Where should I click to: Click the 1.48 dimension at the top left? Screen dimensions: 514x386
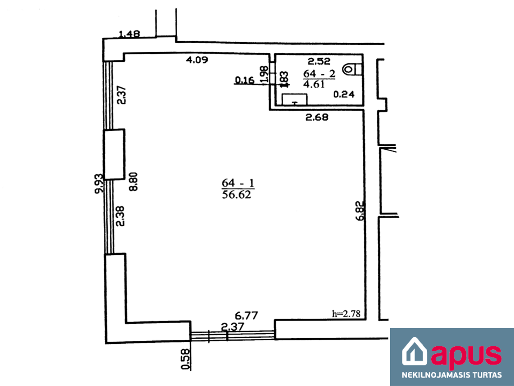tap(129, 34)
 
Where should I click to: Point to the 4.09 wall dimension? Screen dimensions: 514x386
tap(197, 60)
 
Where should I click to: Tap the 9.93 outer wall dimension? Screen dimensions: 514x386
tap(99, 183)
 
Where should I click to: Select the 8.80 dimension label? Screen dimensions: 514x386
tap(134, 181)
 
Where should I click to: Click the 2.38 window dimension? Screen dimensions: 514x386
tap(120, 216)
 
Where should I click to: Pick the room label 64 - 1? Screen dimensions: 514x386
tap(238, 183)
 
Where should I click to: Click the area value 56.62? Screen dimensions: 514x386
tap(236, 195)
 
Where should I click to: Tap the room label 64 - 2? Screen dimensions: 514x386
tap(319, 73)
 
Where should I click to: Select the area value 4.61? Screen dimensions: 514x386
tap(314, 84)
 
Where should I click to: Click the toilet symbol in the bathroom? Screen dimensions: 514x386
tap(352, 69)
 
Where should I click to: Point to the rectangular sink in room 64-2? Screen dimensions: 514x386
tap(294, 100)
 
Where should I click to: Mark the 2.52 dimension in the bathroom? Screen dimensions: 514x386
tap(319, 61)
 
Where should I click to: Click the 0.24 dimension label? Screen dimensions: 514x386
tap(344, 94)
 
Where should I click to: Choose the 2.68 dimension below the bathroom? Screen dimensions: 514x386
tap(317, 117)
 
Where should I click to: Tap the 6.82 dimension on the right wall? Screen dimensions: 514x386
tap(360, 211)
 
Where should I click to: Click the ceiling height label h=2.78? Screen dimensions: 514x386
tap(346, 314)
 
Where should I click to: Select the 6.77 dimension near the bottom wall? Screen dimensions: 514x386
tap(246, 316)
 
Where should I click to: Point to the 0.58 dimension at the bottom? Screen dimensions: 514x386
tap(186, 359)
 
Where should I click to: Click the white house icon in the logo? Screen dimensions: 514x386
tap(415, 351)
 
